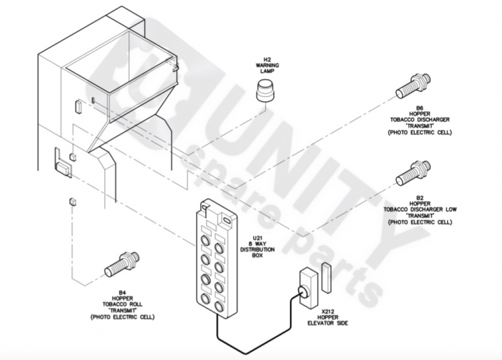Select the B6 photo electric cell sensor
click(414, 86)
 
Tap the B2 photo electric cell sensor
click(414, 173)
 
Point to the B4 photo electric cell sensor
click(122, 264)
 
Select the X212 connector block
click(309, 288)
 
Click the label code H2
click(267, 60)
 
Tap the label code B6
click(420, 108)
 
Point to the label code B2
click(420, 198)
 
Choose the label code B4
click(122, 292)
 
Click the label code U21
click(258, 238)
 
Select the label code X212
click(327, 311)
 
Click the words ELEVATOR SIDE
click(327, 323)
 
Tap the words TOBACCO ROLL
click(122, 304)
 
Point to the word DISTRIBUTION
click(258, 250)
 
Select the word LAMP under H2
click(267, 71)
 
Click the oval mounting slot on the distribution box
click(226, 220)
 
